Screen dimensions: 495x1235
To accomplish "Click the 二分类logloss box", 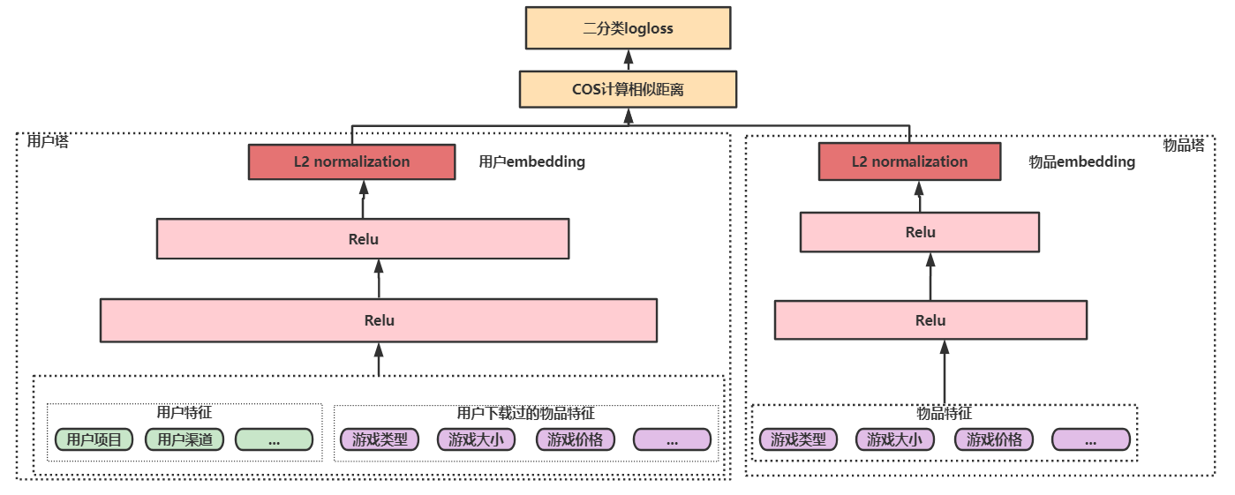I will pyautogui.click(x=628, y=28).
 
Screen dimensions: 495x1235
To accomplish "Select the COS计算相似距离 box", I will pyautogui.click(x=628, y=90).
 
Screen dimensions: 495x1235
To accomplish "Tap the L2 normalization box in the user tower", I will pyautogui.click(x=351, y=162).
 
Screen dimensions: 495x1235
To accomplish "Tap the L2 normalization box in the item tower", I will pyautogui.click(x=909, y=162).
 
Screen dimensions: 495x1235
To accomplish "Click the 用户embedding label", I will pyautogui.click(x=531, y=162).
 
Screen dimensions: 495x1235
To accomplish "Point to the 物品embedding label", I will pyautogui.click(x=1081, y=162).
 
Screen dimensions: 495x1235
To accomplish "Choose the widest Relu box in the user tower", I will pyautogui.click(x=379, y=320).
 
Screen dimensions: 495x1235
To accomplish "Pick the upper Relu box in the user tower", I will pyautogui.click(x=363, y=239).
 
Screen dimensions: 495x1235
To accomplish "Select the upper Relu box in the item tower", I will pyautogui.click(x=920, y=232).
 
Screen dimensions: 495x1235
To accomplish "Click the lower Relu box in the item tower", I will pyautogui.click(x=930, y=320).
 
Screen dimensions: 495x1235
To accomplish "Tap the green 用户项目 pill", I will pyautogui.click(x=94, y=439).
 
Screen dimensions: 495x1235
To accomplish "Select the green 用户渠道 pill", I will pyautogui.click(x=184, y=439).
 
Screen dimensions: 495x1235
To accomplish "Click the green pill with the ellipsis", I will pyautogui.click(x=274, y=439).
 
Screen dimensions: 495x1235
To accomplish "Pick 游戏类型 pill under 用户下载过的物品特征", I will pyautogui.click(x=379, y=439).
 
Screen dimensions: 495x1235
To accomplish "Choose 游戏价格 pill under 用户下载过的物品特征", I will pyautogui.click(x=575, y=439).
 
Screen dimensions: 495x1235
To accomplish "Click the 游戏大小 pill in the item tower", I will pyautogui.click(x=894, y=439).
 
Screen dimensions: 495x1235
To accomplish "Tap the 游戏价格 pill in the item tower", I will pyautogui.click(x=993, y=439).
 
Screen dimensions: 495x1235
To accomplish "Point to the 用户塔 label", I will pyautogui.click(x=48, y=141).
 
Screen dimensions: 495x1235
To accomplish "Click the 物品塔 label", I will pyautogui.click(x=1183, y=146).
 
